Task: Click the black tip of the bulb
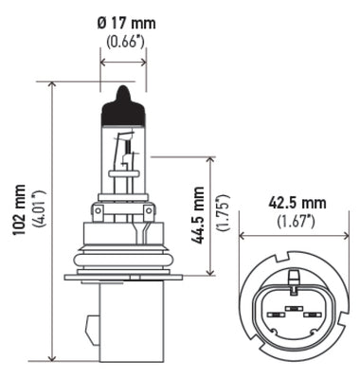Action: pyautogui.click(x=122, y=96)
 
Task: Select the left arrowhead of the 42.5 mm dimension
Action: pyautogui.click(x=243, y=237)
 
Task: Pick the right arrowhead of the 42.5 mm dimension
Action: pyautogui.click(x=340, y=237)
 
